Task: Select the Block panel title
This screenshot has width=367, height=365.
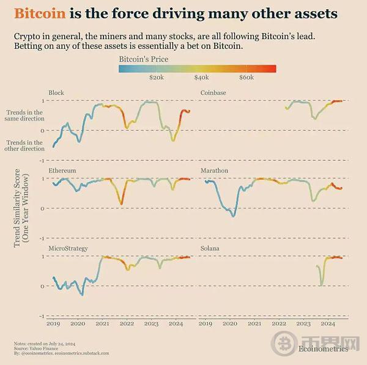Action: [x=56, y=93]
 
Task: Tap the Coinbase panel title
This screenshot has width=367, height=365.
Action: [x=213, y=93]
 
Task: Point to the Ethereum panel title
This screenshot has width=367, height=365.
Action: [x=62, y=171]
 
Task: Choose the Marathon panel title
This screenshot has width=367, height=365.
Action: [x=214, y=171]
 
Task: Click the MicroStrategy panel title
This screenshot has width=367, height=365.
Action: [x=68, y=249]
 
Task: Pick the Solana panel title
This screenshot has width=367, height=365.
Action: [x=210, y=249]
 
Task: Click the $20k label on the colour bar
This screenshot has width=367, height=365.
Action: [x=156, y=78]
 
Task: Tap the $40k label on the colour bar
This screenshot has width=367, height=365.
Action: [x=201, y=78]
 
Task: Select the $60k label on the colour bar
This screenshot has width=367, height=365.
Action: [x=247, y=78]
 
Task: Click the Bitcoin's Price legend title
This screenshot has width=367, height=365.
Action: [x=144, y=59]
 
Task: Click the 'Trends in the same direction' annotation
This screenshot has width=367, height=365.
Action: [x=24, y=116]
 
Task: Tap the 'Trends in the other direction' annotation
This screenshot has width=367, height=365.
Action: [x=24, y=146]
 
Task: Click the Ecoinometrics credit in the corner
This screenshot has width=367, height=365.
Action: [x=324, y=349]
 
